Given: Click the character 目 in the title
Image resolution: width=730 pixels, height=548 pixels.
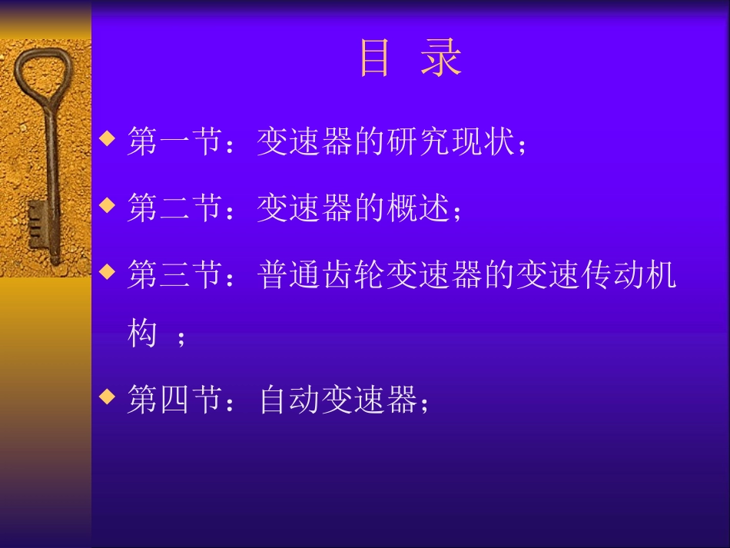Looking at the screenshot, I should (x=376, y=59).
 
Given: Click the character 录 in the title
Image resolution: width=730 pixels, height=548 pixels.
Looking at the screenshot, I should (x=441, y=59).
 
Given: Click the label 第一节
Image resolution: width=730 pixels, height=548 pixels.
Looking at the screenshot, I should (x=174, y=142).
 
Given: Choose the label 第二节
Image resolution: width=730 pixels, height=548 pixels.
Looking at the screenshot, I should (x=174, y=208).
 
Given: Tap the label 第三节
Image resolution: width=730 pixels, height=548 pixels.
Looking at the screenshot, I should (x=174, y=274).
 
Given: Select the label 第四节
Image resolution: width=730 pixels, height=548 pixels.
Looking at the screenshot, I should (x=174, y=400).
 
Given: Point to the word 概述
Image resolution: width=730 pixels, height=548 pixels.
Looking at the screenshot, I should (x=419, y=208).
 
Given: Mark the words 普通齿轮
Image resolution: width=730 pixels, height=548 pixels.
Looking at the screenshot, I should (x=322, y=274).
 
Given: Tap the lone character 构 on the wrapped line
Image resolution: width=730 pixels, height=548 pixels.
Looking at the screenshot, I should (x=142, y=334).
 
